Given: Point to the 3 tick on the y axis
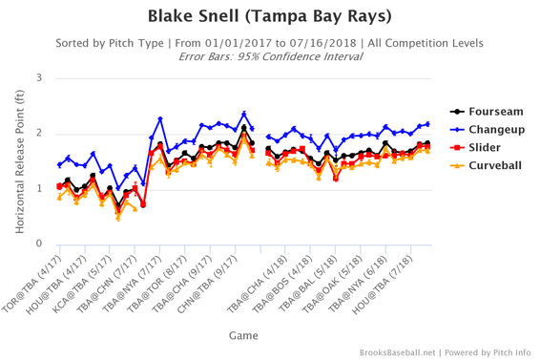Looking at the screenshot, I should (38, 77).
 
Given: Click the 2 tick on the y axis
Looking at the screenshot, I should (38, 133).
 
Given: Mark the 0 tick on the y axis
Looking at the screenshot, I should (38, 244).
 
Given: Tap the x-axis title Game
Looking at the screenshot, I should (242, 335).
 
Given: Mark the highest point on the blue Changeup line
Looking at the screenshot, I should (244, 114).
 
